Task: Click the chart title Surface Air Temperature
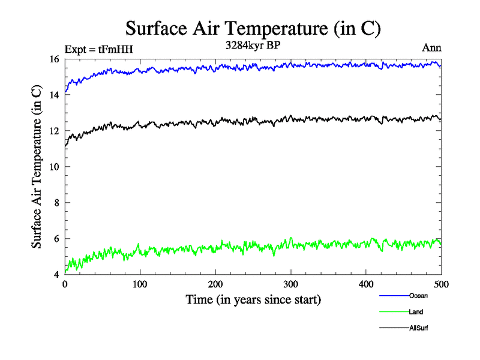[x=253, y=28]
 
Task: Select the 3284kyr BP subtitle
[x=253, y=46]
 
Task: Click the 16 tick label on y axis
[x=53, y=59]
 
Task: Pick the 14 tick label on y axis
[x=53, y=95]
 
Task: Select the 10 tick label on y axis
[x=53, y=167]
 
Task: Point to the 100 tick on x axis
[x=140, y=284]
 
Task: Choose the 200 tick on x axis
[x=215, y=284]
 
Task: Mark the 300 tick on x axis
[x=290, y=284]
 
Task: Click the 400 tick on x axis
[x=366, y=284]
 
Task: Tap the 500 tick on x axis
[x=441, y=284]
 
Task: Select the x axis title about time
[x=253, y=299]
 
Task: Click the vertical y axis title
[x=37, y=167]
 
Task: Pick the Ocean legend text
[x=418, y=296]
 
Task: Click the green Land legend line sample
[x=394, y=312]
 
